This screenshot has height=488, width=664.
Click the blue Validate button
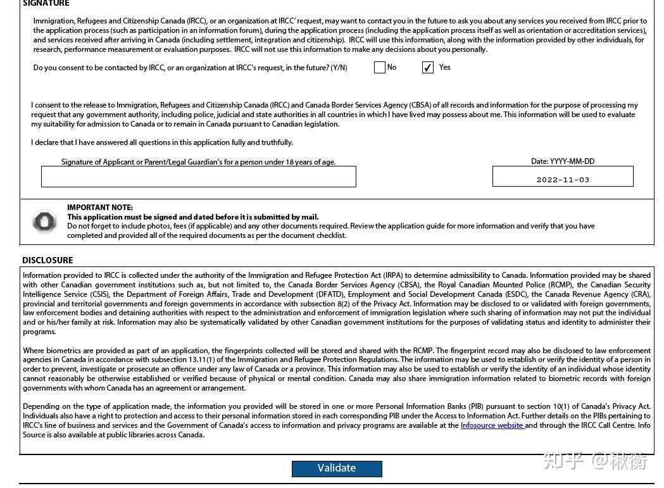pyautogui.click(x=337, y=468)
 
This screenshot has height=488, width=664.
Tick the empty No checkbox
pyautogui.click(x=380, y=68)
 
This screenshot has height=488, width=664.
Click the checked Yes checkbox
pyautogui.click(x=428, y=68)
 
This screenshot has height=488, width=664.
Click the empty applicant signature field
pyautogui.click(x=198, y=177)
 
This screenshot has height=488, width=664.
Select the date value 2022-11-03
pyautogui.click(x=563, y=180)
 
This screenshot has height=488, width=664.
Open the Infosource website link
pyautogui.click(x=492, y=425)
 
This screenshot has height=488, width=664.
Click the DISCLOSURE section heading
pyautogui.click(x=47, y=260)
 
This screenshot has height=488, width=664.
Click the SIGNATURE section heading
pyautogui.click(x=46, y=3)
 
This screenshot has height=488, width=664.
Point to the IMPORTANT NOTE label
pyautogui.click(x=100, y=208)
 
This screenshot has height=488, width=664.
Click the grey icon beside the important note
pyautogui.click(x=44, y=221)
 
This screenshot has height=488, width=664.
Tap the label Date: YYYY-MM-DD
pyautogui.click(x=563, y=161)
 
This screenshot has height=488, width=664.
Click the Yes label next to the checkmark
pyautogui.click(x=445, y=67)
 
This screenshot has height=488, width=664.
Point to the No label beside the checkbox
pyautogui.click(x=392, y=67)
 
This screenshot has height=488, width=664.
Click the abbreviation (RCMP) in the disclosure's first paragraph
pyautogui.click(x=560, y=285)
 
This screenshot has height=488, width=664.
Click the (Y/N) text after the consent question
pyautogui.click(x=339, y=68)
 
